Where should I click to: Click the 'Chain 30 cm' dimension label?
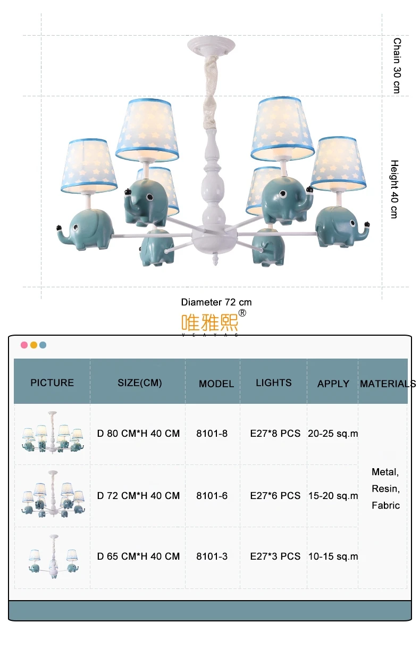click(x=396, y=65)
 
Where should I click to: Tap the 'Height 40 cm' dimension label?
click(x=394, y=189)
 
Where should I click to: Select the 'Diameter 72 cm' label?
click(x=216, y=302)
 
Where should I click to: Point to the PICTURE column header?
click(x=52, y=383)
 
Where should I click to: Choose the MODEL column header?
click(x=216, y=384)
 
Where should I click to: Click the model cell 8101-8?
click(x=212, y=434)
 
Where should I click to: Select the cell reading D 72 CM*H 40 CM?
click(x=138, y=496)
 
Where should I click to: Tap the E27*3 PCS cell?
click(x=275, y=556)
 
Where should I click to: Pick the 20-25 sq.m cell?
click(x=333, y=434)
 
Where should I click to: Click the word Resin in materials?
click(x=385, y=488)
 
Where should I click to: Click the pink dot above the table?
click(x=24, y=345)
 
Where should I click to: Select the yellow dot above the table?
click(x=33, y=345)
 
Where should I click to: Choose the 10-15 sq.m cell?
click(x=333, y=556)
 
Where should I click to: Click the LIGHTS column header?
click(x=273, y=383)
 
